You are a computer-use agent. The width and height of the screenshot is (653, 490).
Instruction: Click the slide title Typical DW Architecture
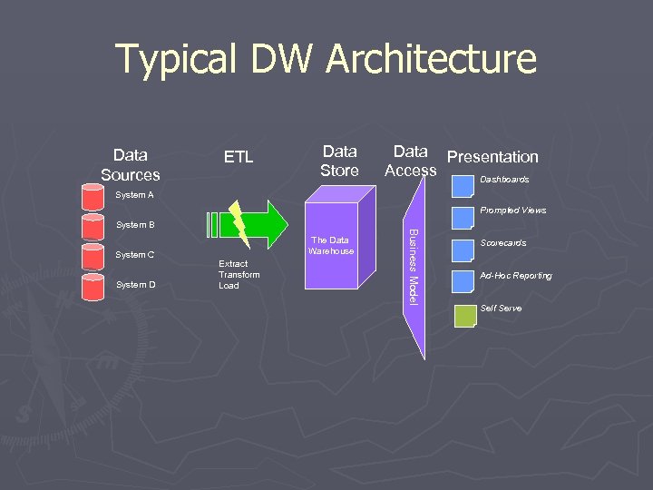click(x=326, y=60)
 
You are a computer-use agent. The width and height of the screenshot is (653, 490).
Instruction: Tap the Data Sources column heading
click(x=131, y=164)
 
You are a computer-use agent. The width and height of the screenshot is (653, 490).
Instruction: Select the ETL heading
click(x=239, y=158)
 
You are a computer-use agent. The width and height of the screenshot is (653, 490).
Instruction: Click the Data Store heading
click(x=339, y=161)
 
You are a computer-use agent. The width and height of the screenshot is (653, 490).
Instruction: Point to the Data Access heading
click(x=410, y=161)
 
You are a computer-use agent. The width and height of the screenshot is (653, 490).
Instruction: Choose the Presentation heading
click(x=492, y=157)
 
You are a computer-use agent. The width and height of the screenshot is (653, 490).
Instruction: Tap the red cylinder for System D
click(x=93, y=286)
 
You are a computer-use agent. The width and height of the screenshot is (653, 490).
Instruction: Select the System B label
click(x=135, y=224)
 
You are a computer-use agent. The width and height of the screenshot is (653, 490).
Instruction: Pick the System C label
click(x=135, y=255)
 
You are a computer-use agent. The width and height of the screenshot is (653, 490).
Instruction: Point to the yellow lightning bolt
click(x=239, y=222)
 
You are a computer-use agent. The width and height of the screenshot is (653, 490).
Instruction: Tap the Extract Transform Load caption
click(x=239, y=274)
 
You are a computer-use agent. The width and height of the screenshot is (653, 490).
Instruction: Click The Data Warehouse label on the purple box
click(x=330, y=245)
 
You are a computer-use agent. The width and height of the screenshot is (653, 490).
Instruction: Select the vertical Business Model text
click(x=413, y=266)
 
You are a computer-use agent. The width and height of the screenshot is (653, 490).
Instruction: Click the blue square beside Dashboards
click(x=463, y=185)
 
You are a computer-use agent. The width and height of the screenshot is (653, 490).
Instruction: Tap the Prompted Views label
click(x=512, y=211)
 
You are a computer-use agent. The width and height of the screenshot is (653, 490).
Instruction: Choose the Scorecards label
click(x=503, y=243)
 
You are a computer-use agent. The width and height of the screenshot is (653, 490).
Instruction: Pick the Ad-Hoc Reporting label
click(x=515, y=276)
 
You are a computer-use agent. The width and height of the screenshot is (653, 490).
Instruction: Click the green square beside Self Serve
click(x=464, y=316)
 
